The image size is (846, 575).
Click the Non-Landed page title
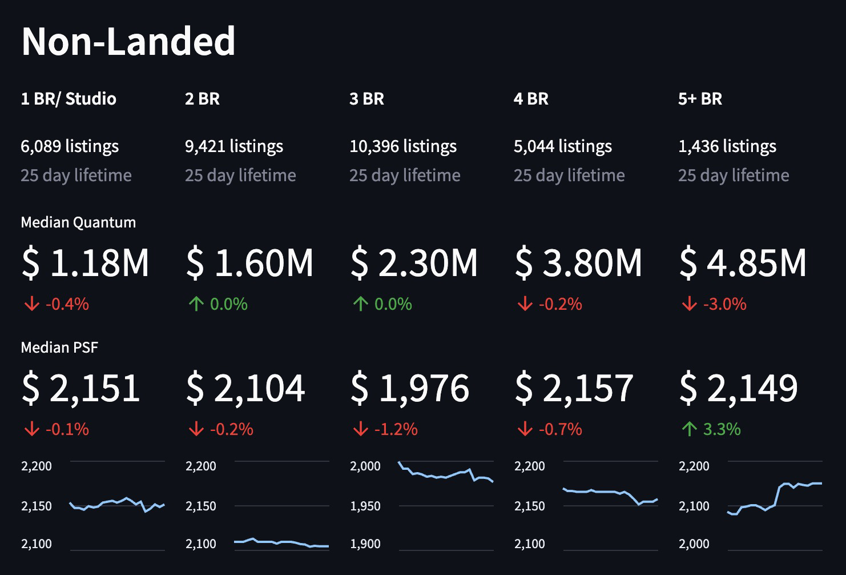coord(128,41)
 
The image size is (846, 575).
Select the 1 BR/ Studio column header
coord(69,99)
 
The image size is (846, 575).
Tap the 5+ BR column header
coord(700,99)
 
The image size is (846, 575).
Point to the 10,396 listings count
coord(403,146)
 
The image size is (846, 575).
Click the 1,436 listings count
coord(727,146)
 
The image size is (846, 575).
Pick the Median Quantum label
coord(78,222)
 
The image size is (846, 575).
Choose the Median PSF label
coord(59,348)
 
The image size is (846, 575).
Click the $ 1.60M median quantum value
coord(249,263)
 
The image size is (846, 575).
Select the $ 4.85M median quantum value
coord(743,263)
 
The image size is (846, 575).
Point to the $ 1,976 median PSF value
coord(409,388)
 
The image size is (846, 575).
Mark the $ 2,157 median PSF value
coord(574,388)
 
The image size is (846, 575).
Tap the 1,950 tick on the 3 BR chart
coord(365,506)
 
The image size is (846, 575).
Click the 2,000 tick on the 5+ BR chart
coord(694,544)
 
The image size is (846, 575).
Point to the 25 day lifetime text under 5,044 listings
coord(569,175)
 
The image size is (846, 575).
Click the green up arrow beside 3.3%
coord(689,429)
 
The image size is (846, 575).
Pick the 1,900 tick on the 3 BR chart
coord(365,544)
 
